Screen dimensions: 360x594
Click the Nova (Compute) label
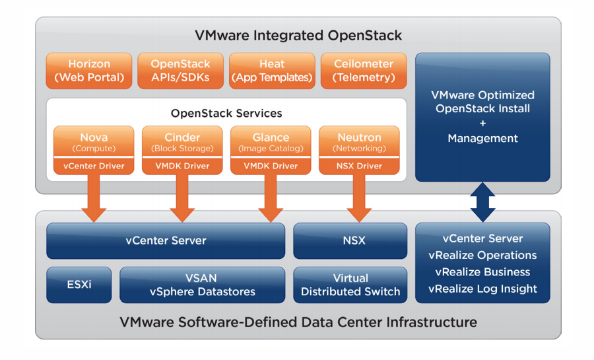pyautogui.click(x=94, y=141)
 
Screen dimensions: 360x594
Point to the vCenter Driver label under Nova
pyautogui.click(x=94, y=166)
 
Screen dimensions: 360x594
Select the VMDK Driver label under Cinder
pyautogui.click(x=182, y=166)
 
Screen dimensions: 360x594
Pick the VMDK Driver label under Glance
pyautogui.click(x=271, y=166)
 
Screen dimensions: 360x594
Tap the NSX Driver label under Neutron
pyautogui.click(x=359, y=166)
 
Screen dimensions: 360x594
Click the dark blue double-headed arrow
pyautogui.click(x=482, y=201)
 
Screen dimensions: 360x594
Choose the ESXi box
pyautogui.click(x=78, y=285)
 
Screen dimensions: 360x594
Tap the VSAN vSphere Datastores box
pyautogui.click(x=202, y=285)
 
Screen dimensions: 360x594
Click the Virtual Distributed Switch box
pyautogui.click(x=350, y=285)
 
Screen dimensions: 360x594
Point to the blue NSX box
pyautogui.click(x=350, y=240)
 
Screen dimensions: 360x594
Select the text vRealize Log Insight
pyautogui.click(x=482, y=289)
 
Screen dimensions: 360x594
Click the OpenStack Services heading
pyautogui.click(x=226, y=113)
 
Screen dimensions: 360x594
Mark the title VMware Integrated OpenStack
pyautogui.click(x=298, y=34)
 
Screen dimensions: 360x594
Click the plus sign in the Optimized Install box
pyautogui.click(x=482, y=124)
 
